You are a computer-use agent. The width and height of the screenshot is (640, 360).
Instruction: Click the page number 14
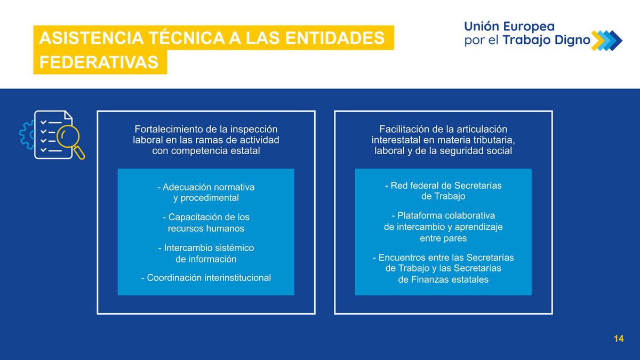point(619,339)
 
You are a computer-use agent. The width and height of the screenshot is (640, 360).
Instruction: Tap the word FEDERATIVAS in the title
point(99,62)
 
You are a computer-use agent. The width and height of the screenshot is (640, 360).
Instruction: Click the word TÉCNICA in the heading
point(186,38)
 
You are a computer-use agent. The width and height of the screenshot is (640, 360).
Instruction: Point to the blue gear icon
point(27,135)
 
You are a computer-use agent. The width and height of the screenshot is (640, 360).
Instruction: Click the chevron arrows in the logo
point(606,41)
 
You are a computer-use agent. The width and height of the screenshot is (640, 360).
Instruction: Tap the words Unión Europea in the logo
point(509,27)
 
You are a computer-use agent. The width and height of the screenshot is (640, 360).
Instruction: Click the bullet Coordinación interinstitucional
point(206,277)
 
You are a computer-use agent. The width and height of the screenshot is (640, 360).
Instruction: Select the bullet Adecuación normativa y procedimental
point(206,193)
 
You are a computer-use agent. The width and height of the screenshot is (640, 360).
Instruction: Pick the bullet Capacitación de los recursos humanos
point(206,222)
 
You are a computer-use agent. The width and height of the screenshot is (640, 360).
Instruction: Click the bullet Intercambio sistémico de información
point(206,253)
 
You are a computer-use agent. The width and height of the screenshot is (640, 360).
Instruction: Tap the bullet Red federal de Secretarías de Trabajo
point(443,190)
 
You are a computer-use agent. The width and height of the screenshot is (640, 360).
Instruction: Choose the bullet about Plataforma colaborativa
point(443,227)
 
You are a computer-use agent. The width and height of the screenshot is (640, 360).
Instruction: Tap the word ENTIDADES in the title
point(335,38)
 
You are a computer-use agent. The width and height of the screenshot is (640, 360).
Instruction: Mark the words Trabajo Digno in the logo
point(547,41)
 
